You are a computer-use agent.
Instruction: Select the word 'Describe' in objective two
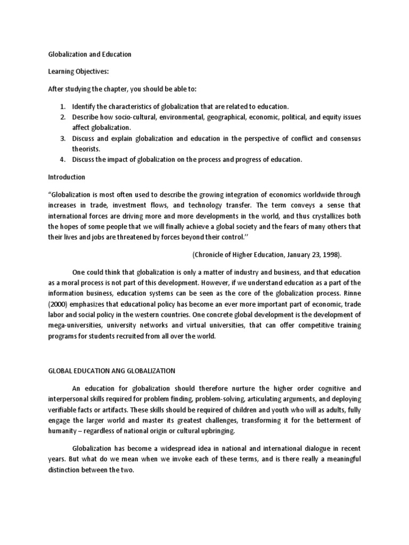click(87, 118)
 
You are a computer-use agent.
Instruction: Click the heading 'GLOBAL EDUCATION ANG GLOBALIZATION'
click(111, 371)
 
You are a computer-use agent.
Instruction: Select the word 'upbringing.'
click(212, 431)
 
